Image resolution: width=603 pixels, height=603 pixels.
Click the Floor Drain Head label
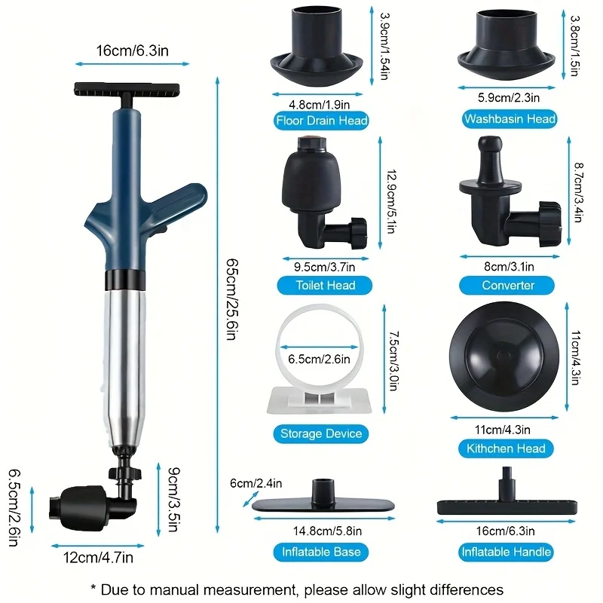point(322,121)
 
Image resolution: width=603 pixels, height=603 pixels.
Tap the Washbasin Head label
point(510,119)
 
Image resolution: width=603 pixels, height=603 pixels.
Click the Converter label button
point(508,285)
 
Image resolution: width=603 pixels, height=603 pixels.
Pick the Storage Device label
point(321,433)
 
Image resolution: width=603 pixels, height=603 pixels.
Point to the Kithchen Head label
point(506,448)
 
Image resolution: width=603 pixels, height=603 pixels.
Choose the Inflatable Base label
point(321,552)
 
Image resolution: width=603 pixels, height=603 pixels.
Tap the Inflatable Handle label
point(506,552)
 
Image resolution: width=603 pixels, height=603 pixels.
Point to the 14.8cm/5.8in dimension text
point(321,530)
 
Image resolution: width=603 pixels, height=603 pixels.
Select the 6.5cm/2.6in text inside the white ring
point(317,359)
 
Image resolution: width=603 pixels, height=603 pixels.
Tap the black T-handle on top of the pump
point(127,90)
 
